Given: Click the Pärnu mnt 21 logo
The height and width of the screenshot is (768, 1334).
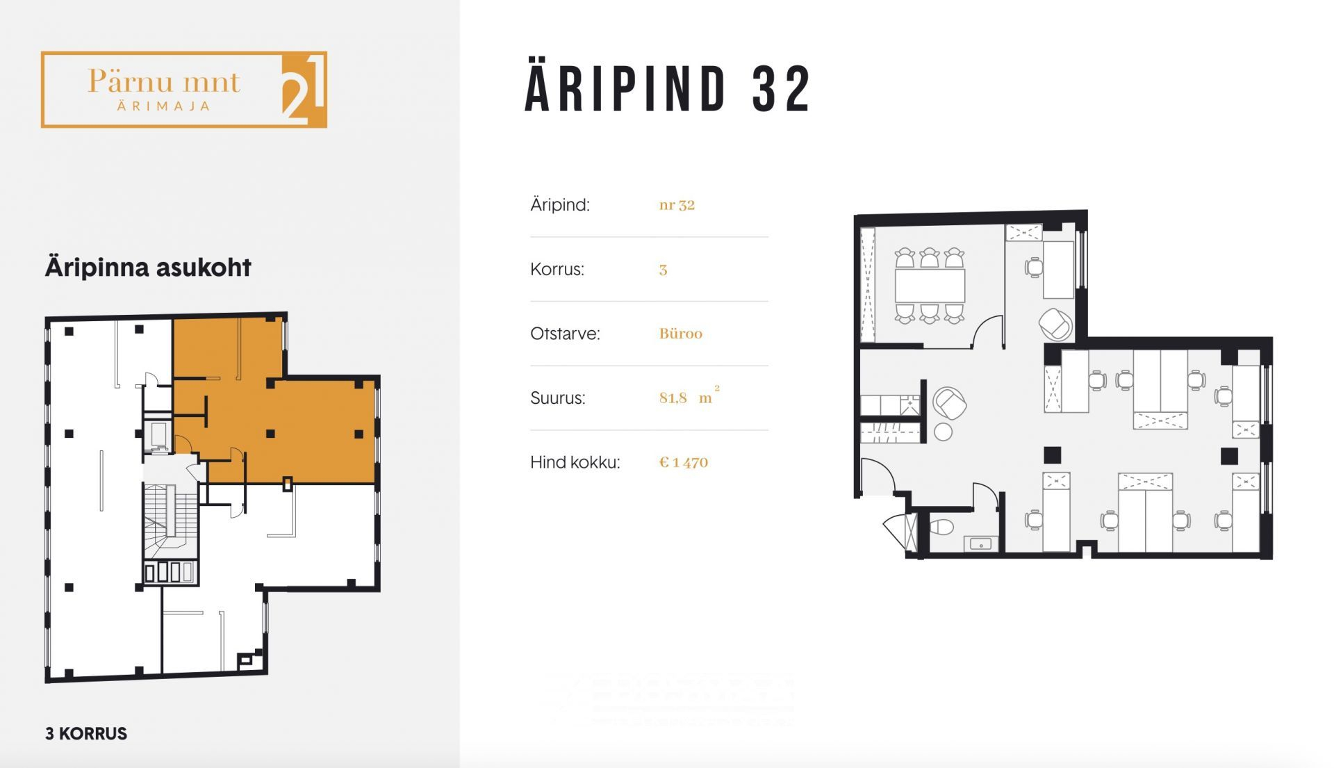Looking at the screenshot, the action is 184,90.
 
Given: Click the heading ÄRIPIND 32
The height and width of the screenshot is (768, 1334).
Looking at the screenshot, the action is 668,88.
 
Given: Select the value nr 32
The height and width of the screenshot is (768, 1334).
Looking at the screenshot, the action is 677,205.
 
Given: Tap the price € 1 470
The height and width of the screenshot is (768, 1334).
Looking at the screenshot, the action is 684,462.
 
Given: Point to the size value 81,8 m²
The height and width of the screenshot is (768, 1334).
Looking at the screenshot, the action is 689,397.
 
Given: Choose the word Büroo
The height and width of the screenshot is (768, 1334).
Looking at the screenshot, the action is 681,334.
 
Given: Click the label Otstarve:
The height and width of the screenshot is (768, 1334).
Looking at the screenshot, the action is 565,334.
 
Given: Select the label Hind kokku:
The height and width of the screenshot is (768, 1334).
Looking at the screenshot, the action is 575,462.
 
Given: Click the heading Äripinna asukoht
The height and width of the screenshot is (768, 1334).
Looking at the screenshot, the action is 148,268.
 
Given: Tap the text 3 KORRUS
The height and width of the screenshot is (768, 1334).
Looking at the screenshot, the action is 86,734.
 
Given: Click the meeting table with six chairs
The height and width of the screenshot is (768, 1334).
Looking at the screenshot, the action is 930,285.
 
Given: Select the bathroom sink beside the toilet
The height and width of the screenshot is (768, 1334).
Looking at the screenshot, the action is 981,544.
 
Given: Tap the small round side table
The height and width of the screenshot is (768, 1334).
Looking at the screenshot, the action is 943,432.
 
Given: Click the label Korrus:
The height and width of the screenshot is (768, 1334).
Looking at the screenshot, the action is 557,269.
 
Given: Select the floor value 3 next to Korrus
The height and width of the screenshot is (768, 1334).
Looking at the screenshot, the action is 663,270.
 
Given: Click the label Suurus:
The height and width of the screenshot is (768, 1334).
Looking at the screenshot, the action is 558,398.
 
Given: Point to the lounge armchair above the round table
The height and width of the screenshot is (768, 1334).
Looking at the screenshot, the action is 949,404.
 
